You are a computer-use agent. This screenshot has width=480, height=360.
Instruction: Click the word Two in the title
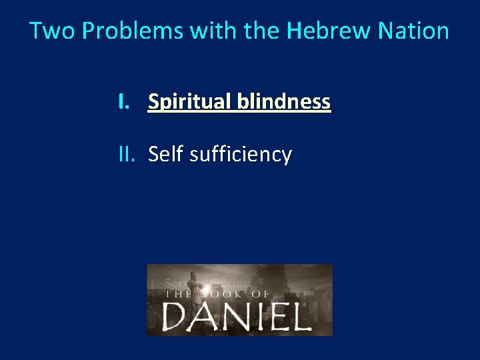[45, 31]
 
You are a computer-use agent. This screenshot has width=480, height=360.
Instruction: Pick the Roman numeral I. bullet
[123, 102]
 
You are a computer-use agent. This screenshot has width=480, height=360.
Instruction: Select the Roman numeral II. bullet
[127, 155]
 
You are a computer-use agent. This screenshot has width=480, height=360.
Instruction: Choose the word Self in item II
[166, 155]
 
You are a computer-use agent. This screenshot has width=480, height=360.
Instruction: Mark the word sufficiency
[241, 155]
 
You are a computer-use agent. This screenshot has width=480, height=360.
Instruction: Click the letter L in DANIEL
[300, 315]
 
